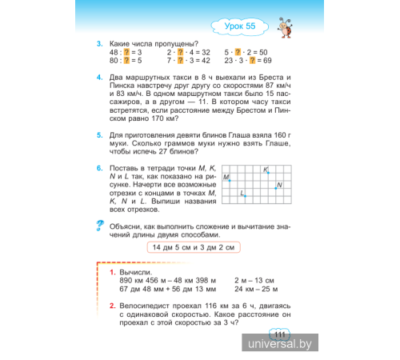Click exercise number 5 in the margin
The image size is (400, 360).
click(98, 136)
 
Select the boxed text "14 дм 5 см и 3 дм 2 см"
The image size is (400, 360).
click(194, 249)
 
